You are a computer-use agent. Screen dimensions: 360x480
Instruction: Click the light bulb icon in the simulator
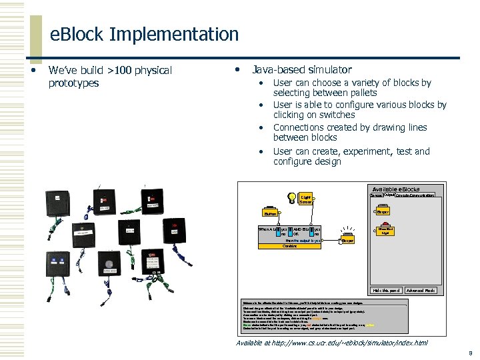point(291,198)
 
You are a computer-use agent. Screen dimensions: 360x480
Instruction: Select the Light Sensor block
point(306,199)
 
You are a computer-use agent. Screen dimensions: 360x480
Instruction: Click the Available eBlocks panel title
point(396,189)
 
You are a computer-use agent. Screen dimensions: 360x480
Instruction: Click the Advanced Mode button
point(421,291)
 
